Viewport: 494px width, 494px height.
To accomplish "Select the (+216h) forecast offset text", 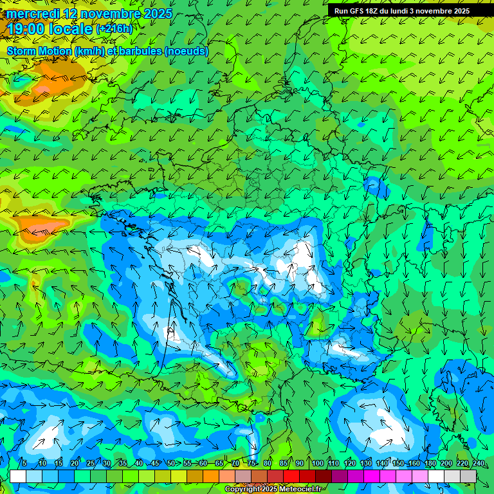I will click(x=114, y=29).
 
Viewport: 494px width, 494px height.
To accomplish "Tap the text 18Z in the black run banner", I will click(x=371, y=11).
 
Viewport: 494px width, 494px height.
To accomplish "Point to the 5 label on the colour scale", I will click(x=24, y=464).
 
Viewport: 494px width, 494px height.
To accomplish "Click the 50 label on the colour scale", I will click(x=171, y=464).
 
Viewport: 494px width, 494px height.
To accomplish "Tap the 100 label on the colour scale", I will click(x=317, y=464).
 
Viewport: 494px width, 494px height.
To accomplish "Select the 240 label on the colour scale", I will click(x=478, y=464).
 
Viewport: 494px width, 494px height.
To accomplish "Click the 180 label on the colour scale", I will click(x=430, y=464).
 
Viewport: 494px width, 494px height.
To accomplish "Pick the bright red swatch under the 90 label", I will click(x=291, y=476).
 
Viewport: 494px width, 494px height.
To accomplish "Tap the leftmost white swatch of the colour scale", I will click(x=18, y=476).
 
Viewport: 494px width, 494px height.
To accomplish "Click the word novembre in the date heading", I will click(x=104, y=14).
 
